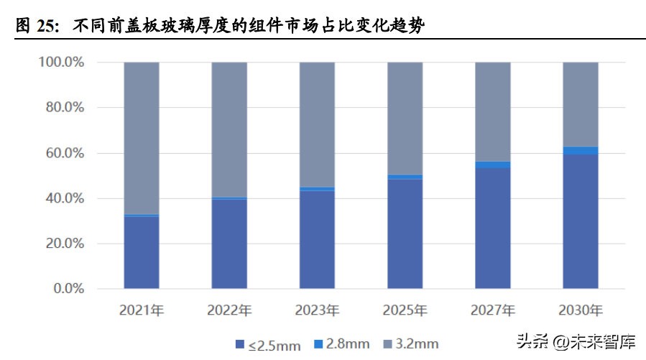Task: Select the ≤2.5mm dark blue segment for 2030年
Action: (x=581, y=221)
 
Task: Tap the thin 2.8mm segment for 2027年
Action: (x=493, y=165)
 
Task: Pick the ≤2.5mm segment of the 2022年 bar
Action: (x=229, y=244)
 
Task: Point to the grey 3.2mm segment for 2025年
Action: (x=405, y=119)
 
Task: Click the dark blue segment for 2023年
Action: (x=317, y=239)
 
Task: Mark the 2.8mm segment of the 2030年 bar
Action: (x=581, y=150)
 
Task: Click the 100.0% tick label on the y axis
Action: (x=60, y=63)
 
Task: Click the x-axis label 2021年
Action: (x=142, y=311)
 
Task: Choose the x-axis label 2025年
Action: (x=405, y=311)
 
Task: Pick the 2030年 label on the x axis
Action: (x=581, y=311)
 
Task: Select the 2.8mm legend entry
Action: (x=343, y=345)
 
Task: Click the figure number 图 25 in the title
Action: (x=35, y=27)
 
